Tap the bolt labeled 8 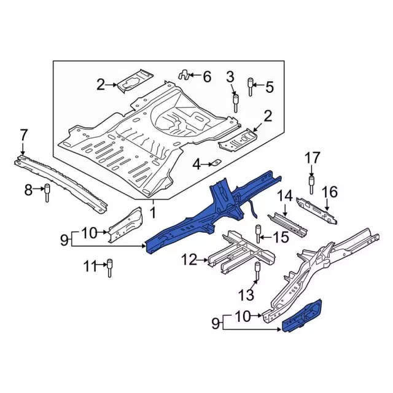click(47, 193)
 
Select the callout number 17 click(313, 158)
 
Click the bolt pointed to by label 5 click(250, 87)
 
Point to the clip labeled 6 click(184, 75)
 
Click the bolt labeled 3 click(236, 103)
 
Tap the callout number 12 click(189, 260)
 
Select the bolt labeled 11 click(109, 268)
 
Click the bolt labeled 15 click(257, 234)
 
